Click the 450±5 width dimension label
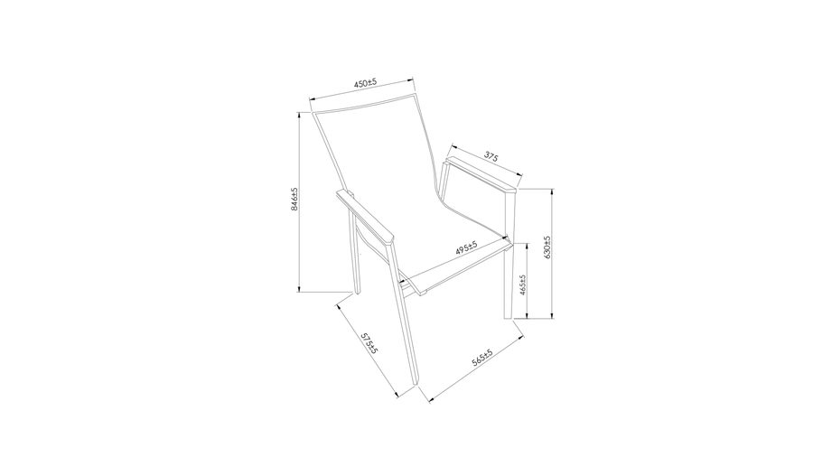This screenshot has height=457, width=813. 365,83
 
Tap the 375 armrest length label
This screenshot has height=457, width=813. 491,155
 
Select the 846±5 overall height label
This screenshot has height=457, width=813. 294,199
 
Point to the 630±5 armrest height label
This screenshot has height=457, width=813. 547,247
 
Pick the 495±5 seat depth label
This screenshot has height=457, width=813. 466,247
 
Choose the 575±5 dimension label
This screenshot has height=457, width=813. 369,343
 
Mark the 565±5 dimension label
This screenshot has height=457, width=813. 481,358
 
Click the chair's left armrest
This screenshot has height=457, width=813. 366,218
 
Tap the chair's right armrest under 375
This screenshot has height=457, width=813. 481,174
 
